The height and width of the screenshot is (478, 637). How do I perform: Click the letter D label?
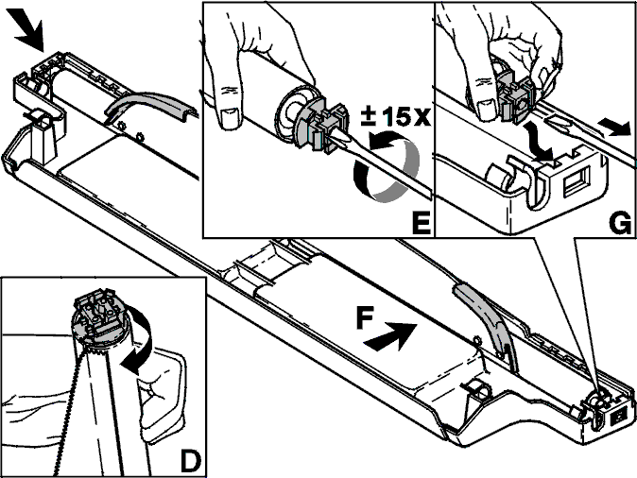190,461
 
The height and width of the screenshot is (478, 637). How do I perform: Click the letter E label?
421,222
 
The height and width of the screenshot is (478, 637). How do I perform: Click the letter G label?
620,223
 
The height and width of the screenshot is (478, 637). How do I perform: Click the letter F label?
365,317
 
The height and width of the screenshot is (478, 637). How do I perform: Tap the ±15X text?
395,116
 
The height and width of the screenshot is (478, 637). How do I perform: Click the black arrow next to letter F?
390,336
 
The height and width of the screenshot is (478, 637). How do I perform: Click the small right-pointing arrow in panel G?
614,127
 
